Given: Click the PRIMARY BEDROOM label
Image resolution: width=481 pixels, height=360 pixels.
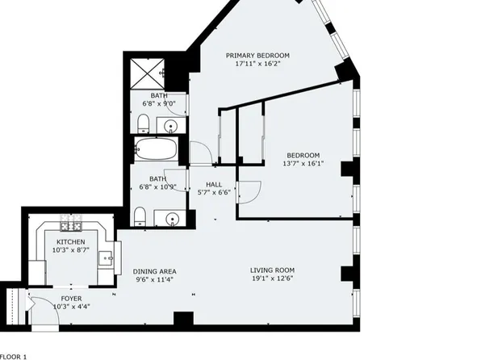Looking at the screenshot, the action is pyautogui.click(x=257, y=56).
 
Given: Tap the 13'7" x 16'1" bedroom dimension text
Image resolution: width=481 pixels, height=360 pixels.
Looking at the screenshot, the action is pyautogui.click(x=303, y=164).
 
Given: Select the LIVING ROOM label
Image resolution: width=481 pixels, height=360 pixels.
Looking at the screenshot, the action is pyautogui.click(x=273, y=270).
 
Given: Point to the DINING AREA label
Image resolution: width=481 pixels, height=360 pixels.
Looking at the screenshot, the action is pyautogui.click(x=155, y=271).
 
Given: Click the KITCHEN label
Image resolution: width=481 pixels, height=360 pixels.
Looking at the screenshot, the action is pyautogui.click(x=71, y=242).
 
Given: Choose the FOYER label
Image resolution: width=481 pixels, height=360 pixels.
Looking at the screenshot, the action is pyautogui.click(x=72, y=299).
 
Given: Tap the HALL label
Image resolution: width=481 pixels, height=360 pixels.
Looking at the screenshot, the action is pyautogui.click(x=214, y=185).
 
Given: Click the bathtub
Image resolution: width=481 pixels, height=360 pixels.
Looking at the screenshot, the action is pyautogui.click(x=156, y=149).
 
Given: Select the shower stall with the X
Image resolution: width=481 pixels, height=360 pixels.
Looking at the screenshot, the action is pyautogui.click(x=147, y=73).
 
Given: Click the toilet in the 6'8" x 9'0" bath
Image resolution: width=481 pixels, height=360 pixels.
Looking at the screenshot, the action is pyautogui.click(x=143, y=123).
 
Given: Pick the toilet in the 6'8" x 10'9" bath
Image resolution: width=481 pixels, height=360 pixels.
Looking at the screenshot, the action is pyautogui.click(x=140, y=216).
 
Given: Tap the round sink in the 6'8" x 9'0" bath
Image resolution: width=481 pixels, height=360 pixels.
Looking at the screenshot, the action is pyautogui.click(x=171, y=126).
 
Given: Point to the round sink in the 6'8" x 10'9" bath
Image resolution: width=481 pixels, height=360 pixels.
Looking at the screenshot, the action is pyautogui.click(x=172, y=219).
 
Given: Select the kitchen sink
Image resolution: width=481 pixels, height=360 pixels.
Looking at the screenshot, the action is pyautogui.click(x=106, y=258).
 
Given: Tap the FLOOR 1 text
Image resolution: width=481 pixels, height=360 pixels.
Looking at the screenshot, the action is pyautogui.click(x=13, y=357).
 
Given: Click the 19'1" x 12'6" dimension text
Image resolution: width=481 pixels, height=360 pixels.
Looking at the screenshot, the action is pyautogui.click(x=273, y=278).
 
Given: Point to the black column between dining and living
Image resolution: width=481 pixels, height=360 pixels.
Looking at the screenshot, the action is pyautogui.click(x=183, y=318).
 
